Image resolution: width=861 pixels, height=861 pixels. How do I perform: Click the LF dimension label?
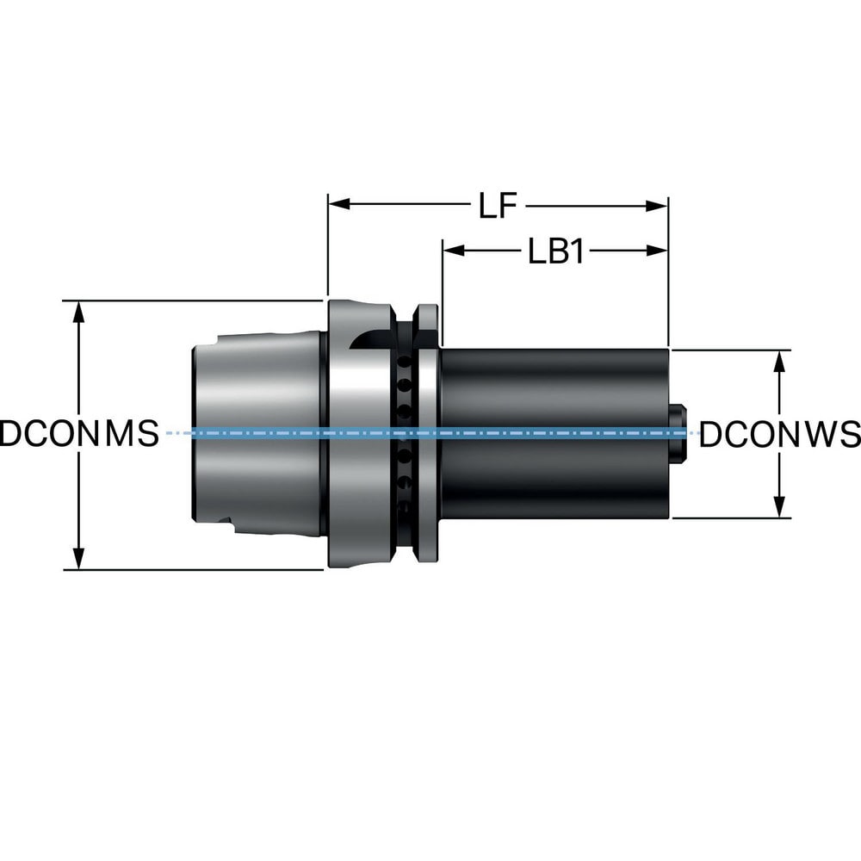tap(498, 206)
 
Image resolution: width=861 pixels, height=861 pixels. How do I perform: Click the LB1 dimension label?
tap(556, 251)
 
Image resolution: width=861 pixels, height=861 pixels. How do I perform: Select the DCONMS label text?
tap(79, 434)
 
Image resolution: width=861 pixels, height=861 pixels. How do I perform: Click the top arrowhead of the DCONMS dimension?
tap(79, 313)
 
